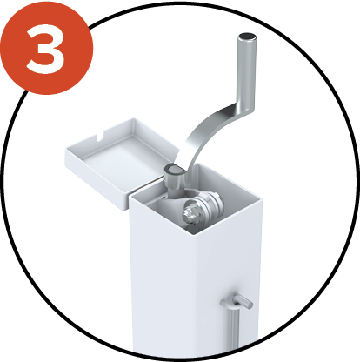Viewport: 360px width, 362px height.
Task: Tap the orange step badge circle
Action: click(46, 47)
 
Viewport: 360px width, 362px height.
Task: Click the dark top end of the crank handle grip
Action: click(247, 37)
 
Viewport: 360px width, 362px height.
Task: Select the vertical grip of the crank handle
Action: click(247, 71)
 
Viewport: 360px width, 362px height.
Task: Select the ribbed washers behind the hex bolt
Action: click(210, 203)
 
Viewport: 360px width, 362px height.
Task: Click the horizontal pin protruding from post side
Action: click(237, 301)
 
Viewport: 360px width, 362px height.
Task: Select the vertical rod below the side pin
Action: click(233, 328)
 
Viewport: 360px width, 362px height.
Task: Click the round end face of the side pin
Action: click(249, 305)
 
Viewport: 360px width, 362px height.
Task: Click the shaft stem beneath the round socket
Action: click(174, 191)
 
